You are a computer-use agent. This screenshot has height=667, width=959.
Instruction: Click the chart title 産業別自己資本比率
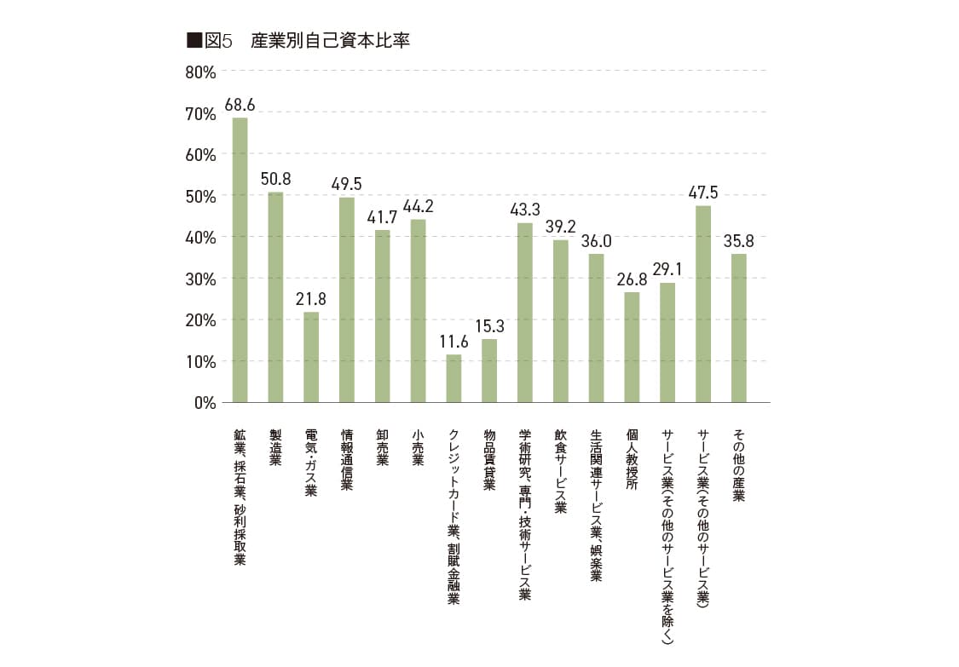coord(330,41)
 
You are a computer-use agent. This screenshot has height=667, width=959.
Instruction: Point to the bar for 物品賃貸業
coord(489,370)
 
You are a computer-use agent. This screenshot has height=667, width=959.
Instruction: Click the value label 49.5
coord(347,183)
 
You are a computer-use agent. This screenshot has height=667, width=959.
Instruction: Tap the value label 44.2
coord(418,205)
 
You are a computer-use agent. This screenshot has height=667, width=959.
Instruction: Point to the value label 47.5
coord(703,192)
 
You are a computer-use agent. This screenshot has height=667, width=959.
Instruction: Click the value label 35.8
coord(738,240)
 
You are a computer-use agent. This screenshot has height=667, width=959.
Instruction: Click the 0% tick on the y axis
coord(205,402)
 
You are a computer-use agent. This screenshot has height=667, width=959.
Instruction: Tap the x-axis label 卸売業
coord(383,447)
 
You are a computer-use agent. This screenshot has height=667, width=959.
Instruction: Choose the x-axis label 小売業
coord(418,447)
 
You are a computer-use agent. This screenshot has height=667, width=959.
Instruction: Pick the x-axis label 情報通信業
coord(347,459)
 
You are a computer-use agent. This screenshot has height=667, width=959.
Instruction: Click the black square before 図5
coord(194,41)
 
